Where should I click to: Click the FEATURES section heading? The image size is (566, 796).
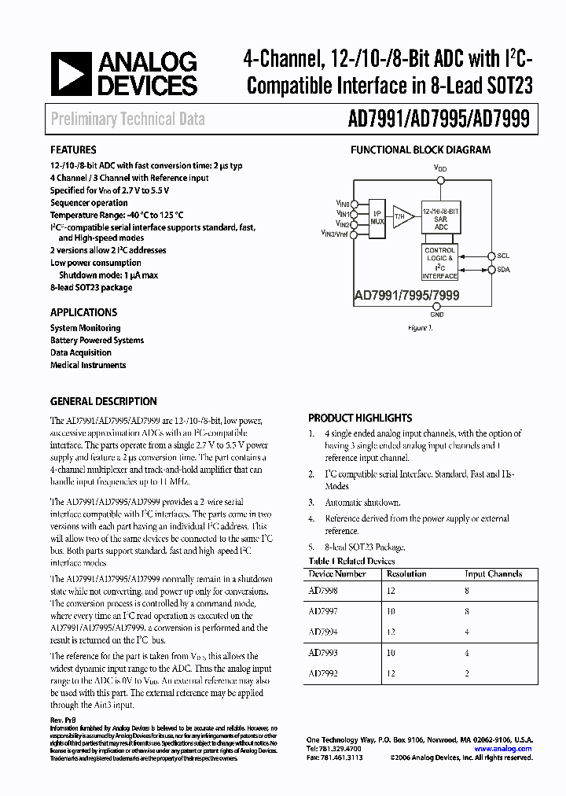(x=73, y=149)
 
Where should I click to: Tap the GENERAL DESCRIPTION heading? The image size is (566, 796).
(x=103, y=401)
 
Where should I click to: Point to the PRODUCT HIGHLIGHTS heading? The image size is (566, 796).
(x=360, y=418)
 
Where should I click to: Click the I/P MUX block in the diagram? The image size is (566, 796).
(x=377, y=217)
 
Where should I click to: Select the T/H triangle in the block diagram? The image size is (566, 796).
(x=402, y=216)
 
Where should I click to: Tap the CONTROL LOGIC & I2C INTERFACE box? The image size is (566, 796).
(x=439, y=263)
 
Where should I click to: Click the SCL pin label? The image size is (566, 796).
(x=503, y=256)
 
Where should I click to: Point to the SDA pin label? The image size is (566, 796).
(x=503, y=269)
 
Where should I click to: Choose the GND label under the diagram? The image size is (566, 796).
(x=437, y=315)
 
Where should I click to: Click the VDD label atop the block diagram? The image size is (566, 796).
(x=439, y=168)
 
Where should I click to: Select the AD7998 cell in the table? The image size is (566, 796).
(x=323, y=590)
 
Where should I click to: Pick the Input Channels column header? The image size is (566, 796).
(x=493, y=574)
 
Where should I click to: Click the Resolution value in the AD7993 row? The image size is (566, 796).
(x=390, y=653)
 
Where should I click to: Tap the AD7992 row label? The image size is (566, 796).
(x=323, y=674)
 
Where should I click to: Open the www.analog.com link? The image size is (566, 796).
(x=502, y=749)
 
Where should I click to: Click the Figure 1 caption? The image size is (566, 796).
(x=421, y=327)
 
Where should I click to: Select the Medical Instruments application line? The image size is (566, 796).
(x=88, y=365)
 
